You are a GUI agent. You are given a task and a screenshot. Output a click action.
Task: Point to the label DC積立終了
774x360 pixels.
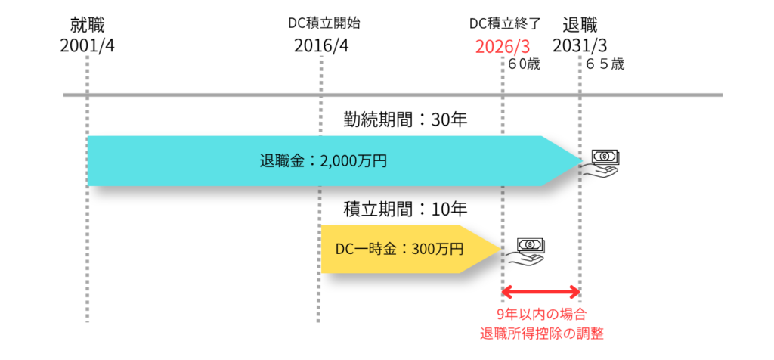(504, 23)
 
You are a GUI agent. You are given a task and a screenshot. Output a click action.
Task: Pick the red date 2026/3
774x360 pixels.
(503, 45)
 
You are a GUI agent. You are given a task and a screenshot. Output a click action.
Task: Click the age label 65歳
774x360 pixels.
(605, 65)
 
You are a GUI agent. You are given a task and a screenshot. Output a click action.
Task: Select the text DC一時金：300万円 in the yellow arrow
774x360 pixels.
(399, 248)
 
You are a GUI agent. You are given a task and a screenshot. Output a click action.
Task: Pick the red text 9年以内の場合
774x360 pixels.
(541, 314)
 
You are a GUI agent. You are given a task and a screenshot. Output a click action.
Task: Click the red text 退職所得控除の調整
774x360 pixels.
(541, 333)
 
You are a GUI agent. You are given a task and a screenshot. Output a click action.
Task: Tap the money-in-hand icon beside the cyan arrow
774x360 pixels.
(603, 161)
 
